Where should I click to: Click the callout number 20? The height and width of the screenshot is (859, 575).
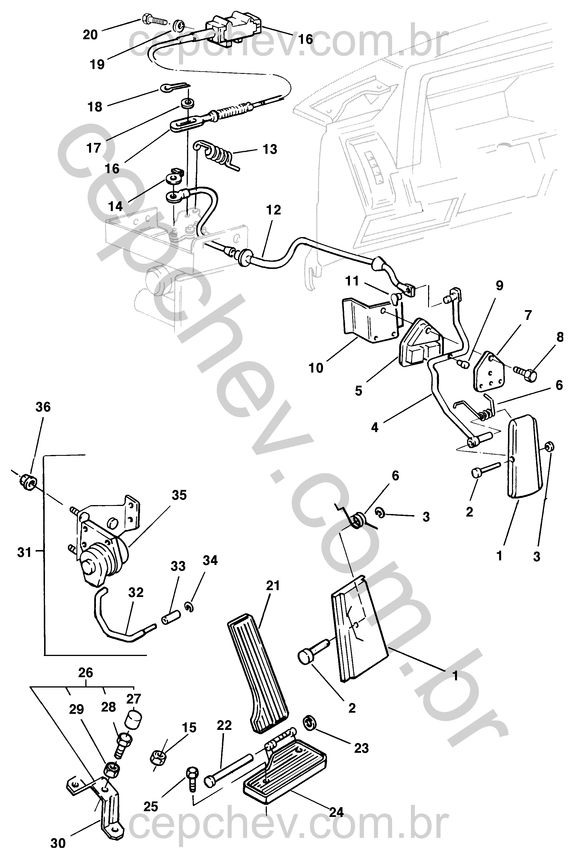tap(90, 35)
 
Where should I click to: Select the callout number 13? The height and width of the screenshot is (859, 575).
tap(270, 149)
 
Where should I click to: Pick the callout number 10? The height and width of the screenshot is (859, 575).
tap(316, 368)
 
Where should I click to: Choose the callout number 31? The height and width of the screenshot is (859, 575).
tap(24, 552)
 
